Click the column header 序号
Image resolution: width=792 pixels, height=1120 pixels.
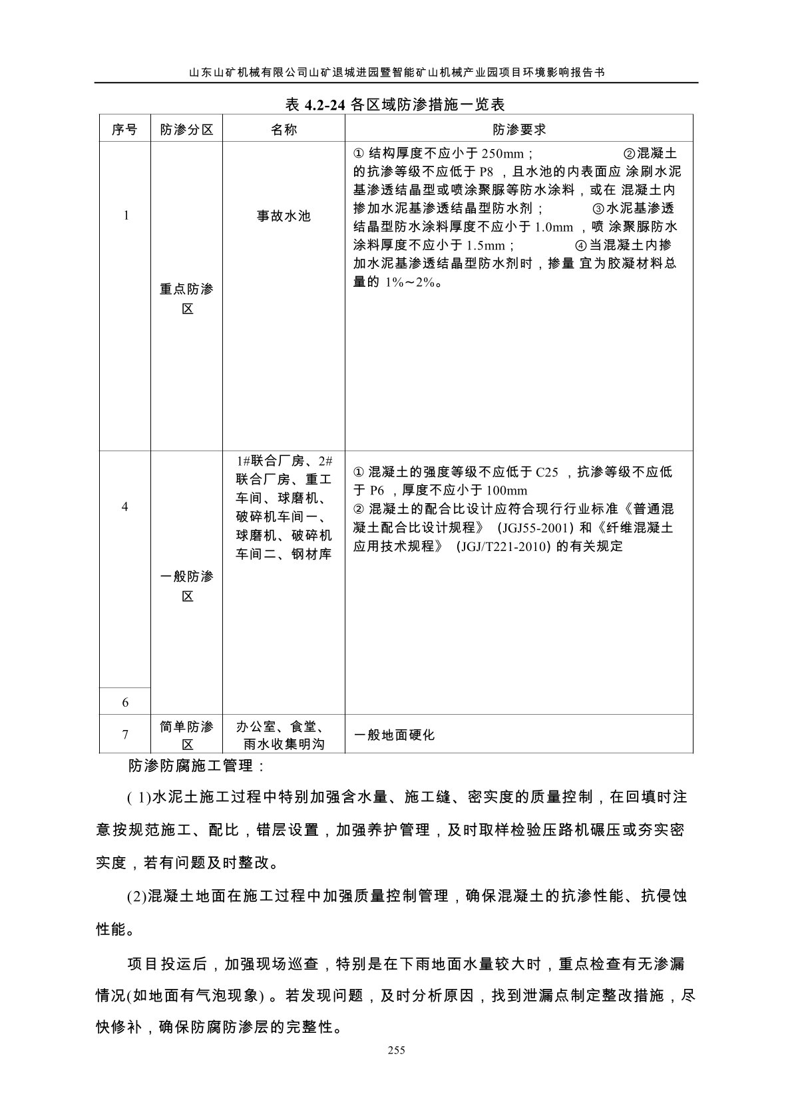coord(124,130)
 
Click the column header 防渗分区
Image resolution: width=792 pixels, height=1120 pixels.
coord(187,130)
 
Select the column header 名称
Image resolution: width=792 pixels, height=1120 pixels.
coord(284,130)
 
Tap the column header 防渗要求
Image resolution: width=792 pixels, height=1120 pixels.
coord(519,130)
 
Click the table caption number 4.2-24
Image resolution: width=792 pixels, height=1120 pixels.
coord(325,104)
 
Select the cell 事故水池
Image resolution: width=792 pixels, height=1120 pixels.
coord(284,216)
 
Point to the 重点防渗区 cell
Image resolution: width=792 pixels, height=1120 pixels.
coord(187,299)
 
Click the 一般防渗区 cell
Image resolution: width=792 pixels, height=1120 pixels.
coord(187,586)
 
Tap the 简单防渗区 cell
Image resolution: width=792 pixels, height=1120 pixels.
coord(187,735)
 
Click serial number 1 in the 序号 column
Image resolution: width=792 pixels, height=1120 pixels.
coord(126,216)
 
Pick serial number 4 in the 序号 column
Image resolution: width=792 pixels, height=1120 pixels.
coord(125,507)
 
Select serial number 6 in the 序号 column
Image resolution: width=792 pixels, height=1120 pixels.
coord(125,703)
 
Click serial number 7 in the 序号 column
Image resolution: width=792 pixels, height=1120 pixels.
coord(125,735)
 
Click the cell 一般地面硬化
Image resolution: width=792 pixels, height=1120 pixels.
coord(394,735)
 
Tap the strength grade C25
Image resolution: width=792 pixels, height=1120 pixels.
coord(546,472)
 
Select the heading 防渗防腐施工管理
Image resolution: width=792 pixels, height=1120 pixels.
coord(196,766)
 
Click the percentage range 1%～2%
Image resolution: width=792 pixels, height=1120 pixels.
coord(411,282)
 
